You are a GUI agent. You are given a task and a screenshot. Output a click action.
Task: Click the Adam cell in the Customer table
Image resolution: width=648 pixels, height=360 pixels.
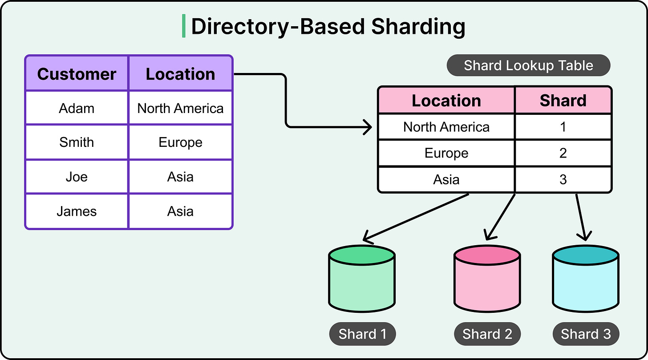(77, 108)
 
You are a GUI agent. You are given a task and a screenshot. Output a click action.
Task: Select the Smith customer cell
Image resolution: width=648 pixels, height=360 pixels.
(77, 142)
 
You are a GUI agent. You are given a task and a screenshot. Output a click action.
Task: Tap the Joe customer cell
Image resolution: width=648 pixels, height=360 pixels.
(77, 177)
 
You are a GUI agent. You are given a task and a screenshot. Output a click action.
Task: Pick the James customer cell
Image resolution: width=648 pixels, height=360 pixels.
(77, 211)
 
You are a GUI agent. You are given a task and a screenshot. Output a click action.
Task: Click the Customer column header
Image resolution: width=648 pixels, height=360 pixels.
(77, 74)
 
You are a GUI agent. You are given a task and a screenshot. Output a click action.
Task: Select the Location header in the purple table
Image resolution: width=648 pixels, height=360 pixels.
(180, 74)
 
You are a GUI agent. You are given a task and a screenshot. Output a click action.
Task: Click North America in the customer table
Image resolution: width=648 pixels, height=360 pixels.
(180, 108)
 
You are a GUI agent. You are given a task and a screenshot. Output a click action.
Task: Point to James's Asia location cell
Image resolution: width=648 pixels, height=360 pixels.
(180, 211)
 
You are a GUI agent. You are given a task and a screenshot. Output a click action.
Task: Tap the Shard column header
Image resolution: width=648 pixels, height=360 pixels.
(563, 101)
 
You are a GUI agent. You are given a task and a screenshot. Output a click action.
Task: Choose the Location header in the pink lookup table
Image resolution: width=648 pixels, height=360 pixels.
(446, 101)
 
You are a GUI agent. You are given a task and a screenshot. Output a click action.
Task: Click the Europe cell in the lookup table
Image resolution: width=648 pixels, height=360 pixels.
(446, 153)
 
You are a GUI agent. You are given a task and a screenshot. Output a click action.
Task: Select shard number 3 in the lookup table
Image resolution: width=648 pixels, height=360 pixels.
(563, 179)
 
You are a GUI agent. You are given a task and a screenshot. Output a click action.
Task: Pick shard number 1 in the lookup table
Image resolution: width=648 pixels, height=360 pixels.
(563, 127)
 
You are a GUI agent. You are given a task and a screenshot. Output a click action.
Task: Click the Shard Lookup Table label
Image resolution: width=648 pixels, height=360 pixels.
(528, 66)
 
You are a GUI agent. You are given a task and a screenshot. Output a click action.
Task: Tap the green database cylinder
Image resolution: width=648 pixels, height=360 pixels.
(362, 280)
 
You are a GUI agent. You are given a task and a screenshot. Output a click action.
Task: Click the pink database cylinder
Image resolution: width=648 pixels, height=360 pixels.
(487, 280)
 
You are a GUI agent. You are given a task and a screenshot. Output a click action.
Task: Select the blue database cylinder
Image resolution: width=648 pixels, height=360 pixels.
(585, 280)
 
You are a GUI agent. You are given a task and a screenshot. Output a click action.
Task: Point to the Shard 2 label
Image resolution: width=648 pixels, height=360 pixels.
(487, 334)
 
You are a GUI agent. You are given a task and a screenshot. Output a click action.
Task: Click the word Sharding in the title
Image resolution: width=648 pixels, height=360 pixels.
(418, 27)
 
